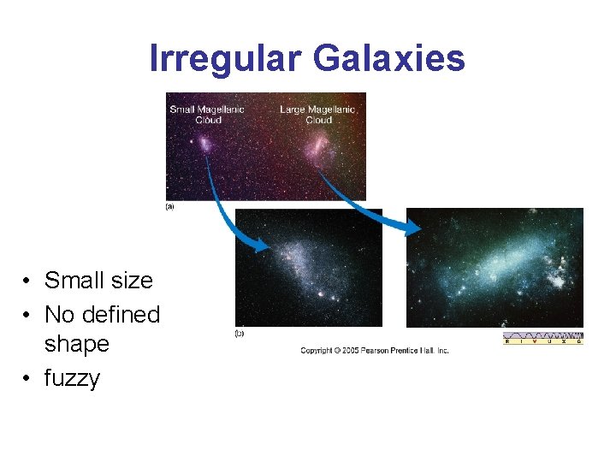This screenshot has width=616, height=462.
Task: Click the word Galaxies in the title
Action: (389, 59)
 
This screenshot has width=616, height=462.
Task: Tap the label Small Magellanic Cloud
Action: (207, 114)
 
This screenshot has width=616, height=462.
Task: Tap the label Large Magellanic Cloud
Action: (317, 114)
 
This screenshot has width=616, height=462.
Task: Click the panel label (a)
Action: (169, 207)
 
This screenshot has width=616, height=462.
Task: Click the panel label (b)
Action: (240, 333)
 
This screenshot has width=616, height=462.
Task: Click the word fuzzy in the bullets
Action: (72, 378)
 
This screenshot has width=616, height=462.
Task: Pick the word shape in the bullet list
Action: (77, 344)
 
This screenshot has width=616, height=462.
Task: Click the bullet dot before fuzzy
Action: (28, 379)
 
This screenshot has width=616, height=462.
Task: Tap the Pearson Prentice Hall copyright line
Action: (374, 351)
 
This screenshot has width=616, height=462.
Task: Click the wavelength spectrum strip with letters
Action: (542, 338)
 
